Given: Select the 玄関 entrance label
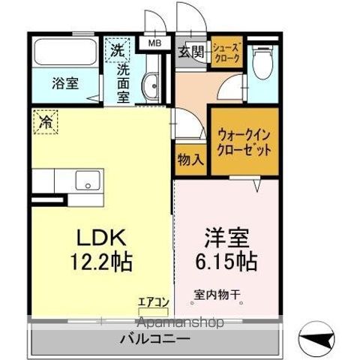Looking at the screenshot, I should pos(190,52).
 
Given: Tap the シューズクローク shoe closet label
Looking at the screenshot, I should pos(226,52).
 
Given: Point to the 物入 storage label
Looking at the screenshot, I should pos(190,160).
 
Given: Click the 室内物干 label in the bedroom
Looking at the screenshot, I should pos(217,295).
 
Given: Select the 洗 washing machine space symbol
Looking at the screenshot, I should pos(117,51).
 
